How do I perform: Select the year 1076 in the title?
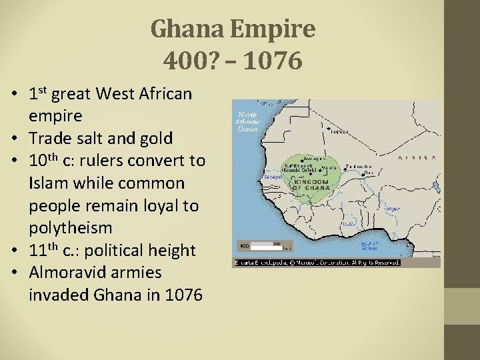click(273, 61)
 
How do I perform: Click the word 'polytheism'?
click(70, 228)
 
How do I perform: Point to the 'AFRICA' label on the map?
click(417, 158)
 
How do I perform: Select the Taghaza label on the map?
click(339, 132)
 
